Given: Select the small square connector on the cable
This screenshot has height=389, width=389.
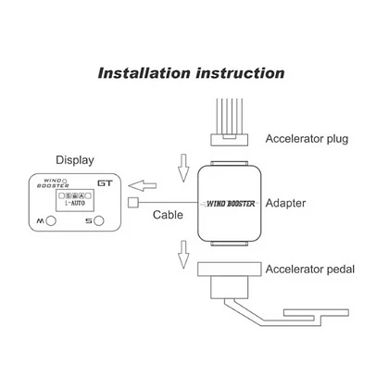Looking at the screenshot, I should pos(132,203).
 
